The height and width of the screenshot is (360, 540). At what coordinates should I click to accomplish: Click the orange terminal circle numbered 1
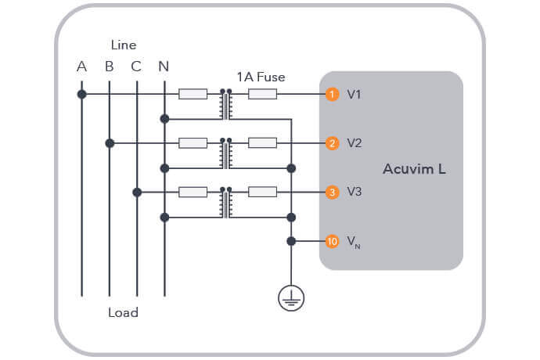tap(332, 95)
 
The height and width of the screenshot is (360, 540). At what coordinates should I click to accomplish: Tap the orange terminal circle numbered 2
tap(332, 143)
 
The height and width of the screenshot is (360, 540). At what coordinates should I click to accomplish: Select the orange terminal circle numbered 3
tap(332, 192)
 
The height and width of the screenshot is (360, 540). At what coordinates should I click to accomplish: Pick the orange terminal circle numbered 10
tap(332, 241)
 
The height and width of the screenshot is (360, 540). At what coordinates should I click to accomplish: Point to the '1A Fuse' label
tap(261, 77)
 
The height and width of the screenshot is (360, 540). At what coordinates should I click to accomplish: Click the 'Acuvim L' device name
tap(414, 169)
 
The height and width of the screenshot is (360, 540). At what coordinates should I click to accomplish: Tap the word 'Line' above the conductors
tap(123, 45)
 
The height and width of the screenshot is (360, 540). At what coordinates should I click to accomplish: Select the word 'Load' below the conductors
tap(123, 313)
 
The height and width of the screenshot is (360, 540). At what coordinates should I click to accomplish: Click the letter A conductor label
tap(81, 67)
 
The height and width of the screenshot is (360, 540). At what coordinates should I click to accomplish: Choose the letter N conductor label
tap(163, 67)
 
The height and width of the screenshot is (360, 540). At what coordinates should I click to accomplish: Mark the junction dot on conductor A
tap(81, 95)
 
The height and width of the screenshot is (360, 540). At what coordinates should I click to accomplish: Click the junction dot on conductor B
tap(110, 143)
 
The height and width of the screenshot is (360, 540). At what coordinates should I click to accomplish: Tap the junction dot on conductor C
tap(137, 192)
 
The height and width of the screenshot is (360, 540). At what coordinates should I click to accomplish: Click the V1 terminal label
tap(355, 95)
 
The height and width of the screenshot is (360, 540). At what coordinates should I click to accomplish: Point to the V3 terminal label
tap(355, 192)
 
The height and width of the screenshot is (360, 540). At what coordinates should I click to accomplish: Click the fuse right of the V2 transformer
tap(262, 143)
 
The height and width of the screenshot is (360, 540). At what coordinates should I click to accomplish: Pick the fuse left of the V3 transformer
tap(193, 192)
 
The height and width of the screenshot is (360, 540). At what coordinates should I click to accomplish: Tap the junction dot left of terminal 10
tap(291, 241)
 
